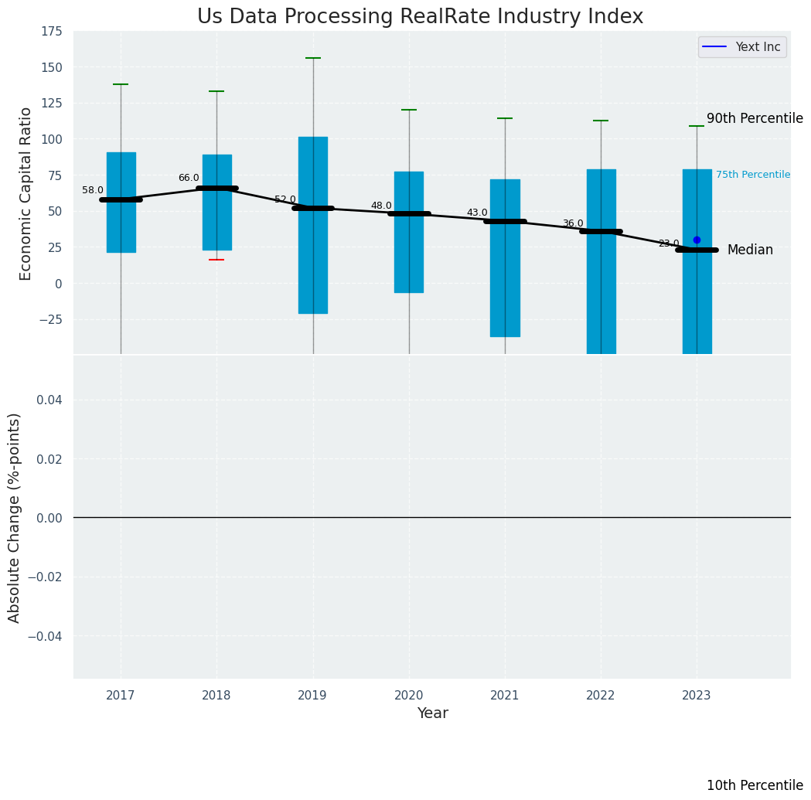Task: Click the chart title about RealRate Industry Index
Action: pos(420,17)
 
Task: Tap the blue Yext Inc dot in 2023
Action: pos(697,240)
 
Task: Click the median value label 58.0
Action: pos(93,190)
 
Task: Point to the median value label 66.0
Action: pos(189,178)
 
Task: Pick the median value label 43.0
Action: pos(477,213)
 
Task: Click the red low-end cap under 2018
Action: pos(216,260)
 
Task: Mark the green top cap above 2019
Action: pos(313,58)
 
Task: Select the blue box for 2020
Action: pos(409,232)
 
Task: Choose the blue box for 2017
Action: pos(121,203)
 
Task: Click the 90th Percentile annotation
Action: pos(755,118)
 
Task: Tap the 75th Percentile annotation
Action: pos(752,175)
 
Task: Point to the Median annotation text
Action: pos(750,250)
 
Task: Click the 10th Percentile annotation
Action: pos(755,785)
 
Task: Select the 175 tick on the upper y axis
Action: pos(53,32)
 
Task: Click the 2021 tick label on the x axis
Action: pos(505,696)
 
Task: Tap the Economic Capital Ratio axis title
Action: pos(26,193)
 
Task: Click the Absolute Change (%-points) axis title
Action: pos(15,517)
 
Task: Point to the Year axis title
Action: pos(432,713)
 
